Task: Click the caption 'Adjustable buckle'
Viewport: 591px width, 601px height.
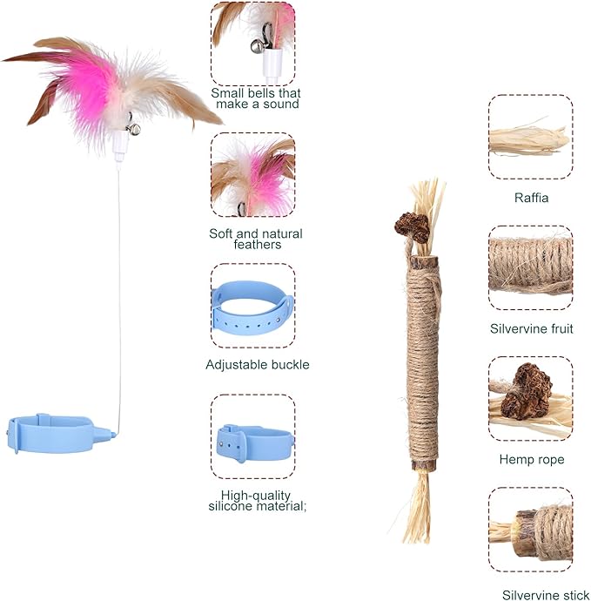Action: [x=257, y=365]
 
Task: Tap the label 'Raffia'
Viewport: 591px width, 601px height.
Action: [x=531, y=198]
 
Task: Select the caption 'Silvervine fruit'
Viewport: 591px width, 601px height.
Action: [x=531, y=328]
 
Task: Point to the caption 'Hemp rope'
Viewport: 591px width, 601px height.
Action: [x=531, y=459]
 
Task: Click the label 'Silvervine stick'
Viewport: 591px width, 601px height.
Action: [x=540, y=595]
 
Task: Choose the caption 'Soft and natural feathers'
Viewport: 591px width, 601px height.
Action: [x=256, y=239]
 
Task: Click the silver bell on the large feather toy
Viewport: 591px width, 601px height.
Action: [x=134, y=129]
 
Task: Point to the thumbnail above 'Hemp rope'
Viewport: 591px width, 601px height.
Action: [x=530, y=398]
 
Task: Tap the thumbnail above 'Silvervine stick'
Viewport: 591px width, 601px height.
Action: [x=530, y=529]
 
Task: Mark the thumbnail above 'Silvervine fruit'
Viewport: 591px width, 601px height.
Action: [x=530, y=267]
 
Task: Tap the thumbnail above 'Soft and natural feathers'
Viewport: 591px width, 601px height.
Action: [x=253, y=174]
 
